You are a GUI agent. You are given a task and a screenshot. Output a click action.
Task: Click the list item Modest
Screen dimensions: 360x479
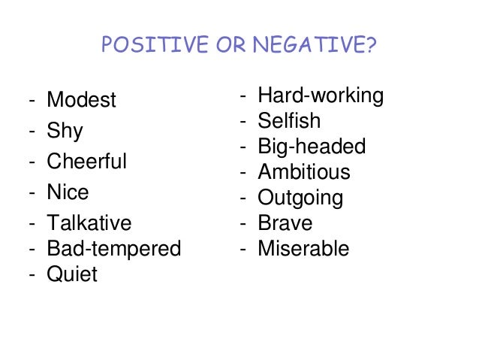click(x=82, y=100)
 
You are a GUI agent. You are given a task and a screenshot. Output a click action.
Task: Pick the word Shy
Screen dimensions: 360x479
click(x=65, y=132)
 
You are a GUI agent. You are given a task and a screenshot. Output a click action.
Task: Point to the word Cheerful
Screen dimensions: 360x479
click(x=87, y=162)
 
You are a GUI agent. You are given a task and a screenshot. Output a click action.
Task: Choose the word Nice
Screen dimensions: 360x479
click(x=68, y=192)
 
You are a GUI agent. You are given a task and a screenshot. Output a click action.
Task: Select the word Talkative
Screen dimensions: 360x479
click(x=89, y=223)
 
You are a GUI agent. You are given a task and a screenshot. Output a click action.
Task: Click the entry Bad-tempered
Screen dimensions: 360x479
click(x=114, y=249)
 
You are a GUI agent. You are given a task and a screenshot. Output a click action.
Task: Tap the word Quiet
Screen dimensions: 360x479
click(x=72, y=274)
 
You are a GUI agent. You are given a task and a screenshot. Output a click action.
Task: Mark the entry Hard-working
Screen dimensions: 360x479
click(x=321, y=96)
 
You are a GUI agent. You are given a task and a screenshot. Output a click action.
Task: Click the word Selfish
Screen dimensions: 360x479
click(x=289, y=121)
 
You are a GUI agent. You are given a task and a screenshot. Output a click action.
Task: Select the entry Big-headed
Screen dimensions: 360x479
click(x=312, y=147)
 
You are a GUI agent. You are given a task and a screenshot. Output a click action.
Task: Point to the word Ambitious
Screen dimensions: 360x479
click(x=304, y=172)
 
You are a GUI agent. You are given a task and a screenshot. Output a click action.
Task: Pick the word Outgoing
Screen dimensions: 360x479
click(x=300, y=198)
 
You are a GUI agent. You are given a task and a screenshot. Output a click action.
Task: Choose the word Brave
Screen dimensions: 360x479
click(x=285, y=223)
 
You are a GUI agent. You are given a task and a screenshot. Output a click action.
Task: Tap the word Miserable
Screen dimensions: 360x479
click(x=303, y=249)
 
